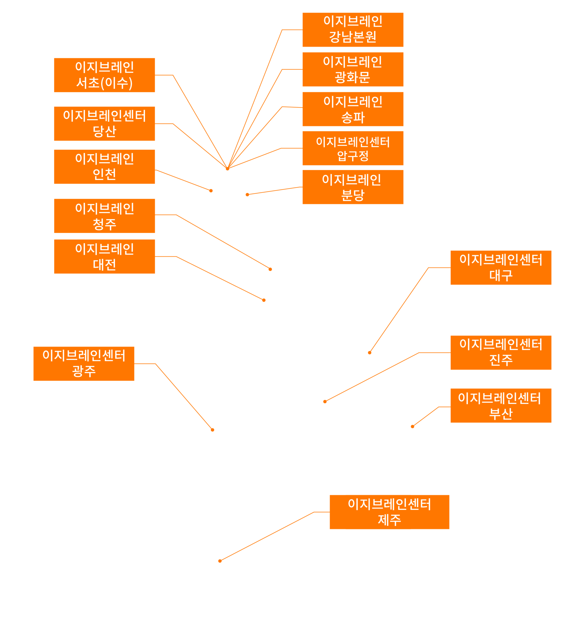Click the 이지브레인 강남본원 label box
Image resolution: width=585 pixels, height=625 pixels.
point(353,30)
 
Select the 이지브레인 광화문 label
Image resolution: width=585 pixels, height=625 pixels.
point(353,69)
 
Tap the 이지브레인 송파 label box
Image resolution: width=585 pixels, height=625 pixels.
point(353,109)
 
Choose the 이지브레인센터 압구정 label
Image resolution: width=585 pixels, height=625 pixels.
point(353,148)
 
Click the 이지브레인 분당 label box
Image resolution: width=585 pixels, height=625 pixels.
point(353,187)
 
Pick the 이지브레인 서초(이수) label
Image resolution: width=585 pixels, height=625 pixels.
point(105,75)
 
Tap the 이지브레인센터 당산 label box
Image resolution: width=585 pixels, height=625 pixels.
point(105,124)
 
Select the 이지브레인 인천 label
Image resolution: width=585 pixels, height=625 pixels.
point(105,167)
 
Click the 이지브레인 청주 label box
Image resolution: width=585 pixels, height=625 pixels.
point(105,216)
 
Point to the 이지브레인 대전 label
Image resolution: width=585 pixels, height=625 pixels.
point(105,257)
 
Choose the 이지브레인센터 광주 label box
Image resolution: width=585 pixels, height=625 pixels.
point(84,364)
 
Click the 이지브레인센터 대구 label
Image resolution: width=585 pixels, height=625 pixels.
point(501,268)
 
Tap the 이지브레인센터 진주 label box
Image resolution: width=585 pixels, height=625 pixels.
point(501,353)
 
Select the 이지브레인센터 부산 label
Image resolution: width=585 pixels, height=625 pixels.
point(501,406)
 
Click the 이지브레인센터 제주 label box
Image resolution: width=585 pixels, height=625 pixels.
point(389,512)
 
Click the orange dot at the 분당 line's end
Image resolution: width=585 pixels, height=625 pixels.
point(247,195)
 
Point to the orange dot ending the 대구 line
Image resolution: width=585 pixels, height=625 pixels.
point(370,353)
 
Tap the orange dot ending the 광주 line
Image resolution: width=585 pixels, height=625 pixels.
point(213,430)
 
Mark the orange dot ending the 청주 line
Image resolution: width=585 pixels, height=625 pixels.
point(270,269)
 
